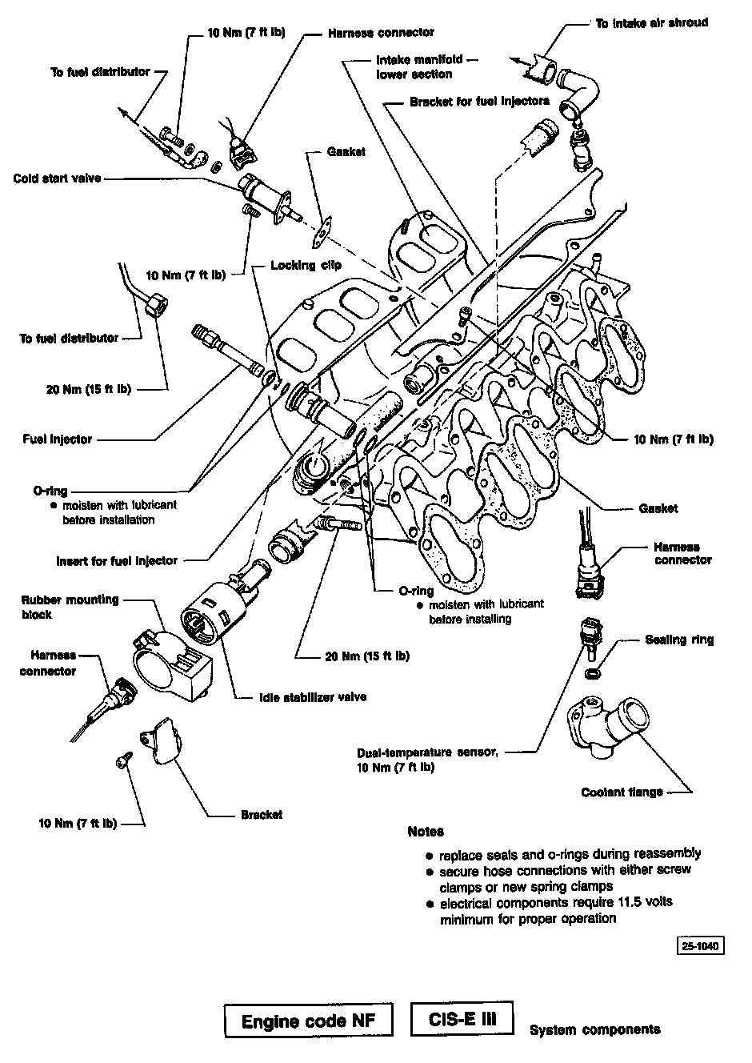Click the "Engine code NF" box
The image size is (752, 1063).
pyautogui.click(x=309, y=1022)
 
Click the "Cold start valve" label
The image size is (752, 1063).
pyautogui.click(x=57, y=178)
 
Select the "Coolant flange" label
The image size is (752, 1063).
pyautogui.click(x=622, y=792)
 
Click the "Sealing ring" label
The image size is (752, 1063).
pyautogui.click(x=679, y=640)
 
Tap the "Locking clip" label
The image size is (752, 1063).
pyautogui.click(x=306, y=265)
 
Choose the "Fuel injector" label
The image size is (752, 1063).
pyautogui.click(x=58, y=439)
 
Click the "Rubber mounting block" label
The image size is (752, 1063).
pyautogui.click(x=70, y=607)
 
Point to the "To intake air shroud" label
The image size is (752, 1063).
pyautogui.click(x=651, y=23)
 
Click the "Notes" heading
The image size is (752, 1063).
pyautogui.click(x=425, y=832)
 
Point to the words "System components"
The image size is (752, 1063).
pyautogui.click(x=594, y=1029)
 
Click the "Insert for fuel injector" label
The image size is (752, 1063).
pyautogui.click(x=117, y=560)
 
